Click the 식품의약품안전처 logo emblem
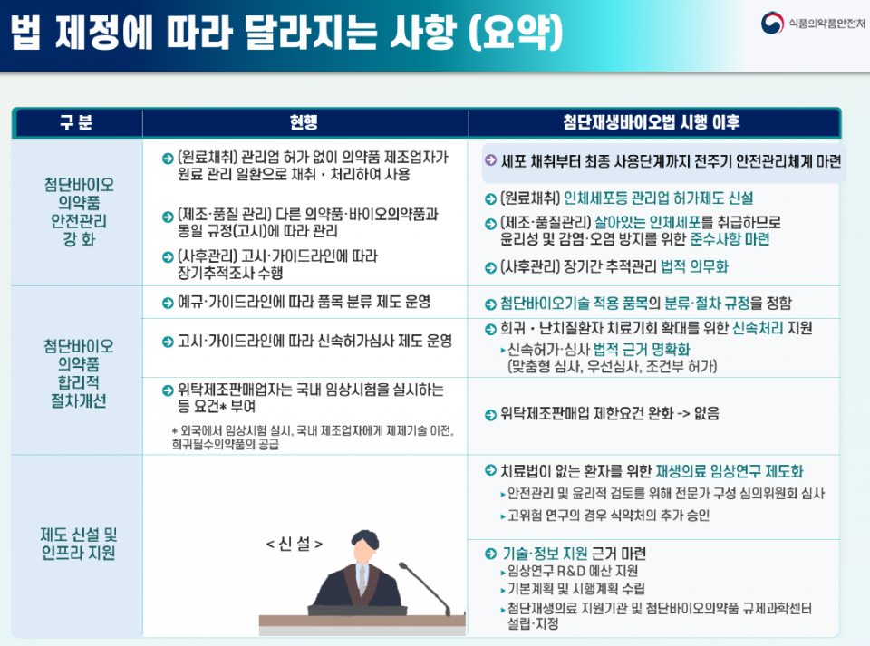click(772, 24)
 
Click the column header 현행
click(304, 123)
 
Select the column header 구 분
click(77, 123)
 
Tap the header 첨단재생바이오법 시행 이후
click(652, 123)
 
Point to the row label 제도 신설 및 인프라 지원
click(79, 544)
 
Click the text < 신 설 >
click(295, 544)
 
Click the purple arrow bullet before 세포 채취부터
click(489, 160)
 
